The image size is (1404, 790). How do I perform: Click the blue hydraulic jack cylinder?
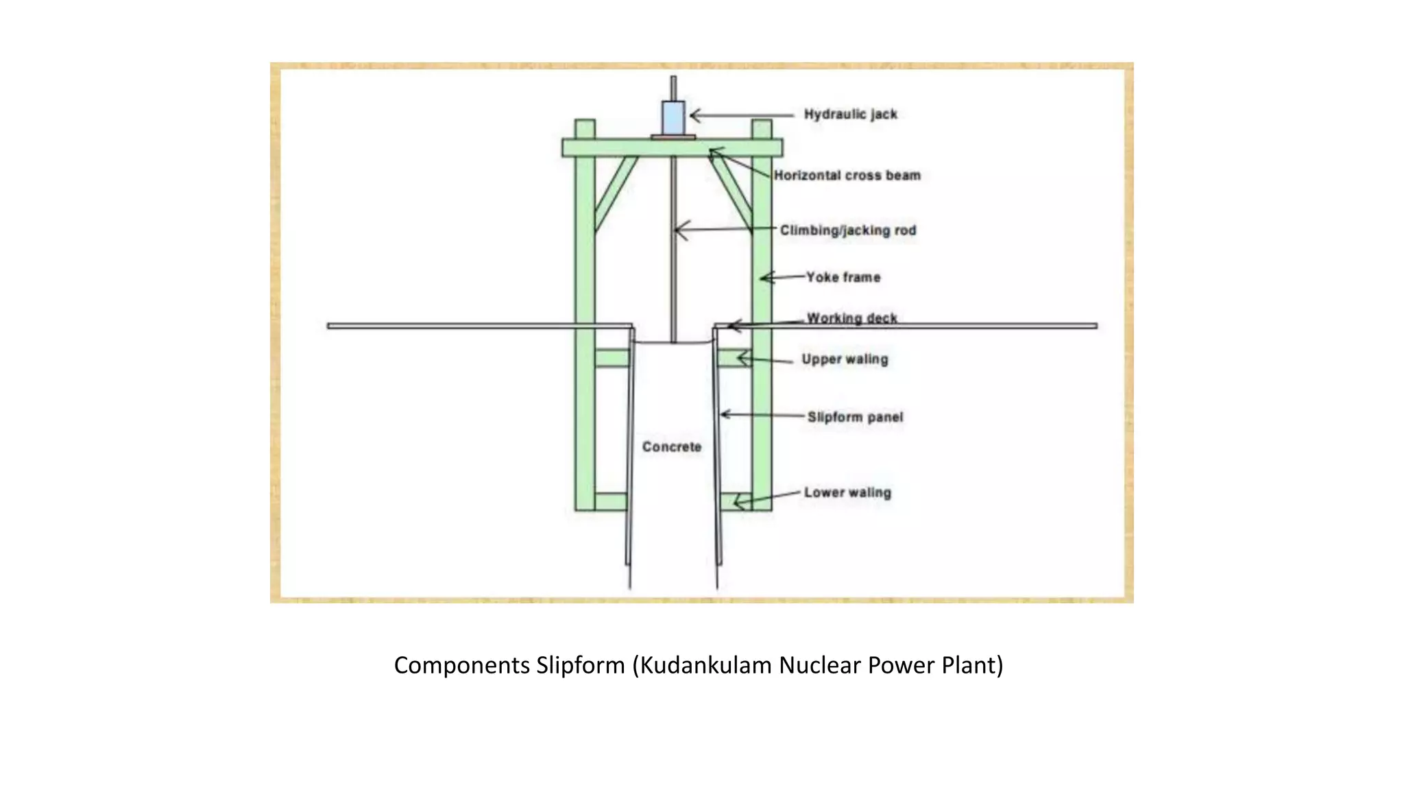tap(673, 118)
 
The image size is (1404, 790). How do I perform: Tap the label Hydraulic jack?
tap(850, 115)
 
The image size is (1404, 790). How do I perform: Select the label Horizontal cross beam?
tap(847, 176)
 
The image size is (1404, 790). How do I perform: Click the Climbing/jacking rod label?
tap(848, 230)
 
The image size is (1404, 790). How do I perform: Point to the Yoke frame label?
tap(843, 277)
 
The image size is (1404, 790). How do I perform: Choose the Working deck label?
tap(852, 318)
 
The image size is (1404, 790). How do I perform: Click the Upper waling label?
tap(845, 359)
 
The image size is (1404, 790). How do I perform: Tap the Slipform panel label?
tap(855, 417)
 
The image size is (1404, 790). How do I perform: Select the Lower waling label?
tap(847, 492)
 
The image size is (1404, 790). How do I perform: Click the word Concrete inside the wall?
tap(672, 447)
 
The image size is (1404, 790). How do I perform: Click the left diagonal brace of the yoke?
tap(616, 193)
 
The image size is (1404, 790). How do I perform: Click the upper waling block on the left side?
tap(612, 358)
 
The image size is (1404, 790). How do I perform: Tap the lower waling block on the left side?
tap(610, 501)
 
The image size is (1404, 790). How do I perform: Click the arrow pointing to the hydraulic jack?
tap(740, 115)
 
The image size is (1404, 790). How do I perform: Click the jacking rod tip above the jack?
tap(673, 86)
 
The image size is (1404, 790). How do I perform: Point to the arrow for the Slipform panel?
tap(761, 415)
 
